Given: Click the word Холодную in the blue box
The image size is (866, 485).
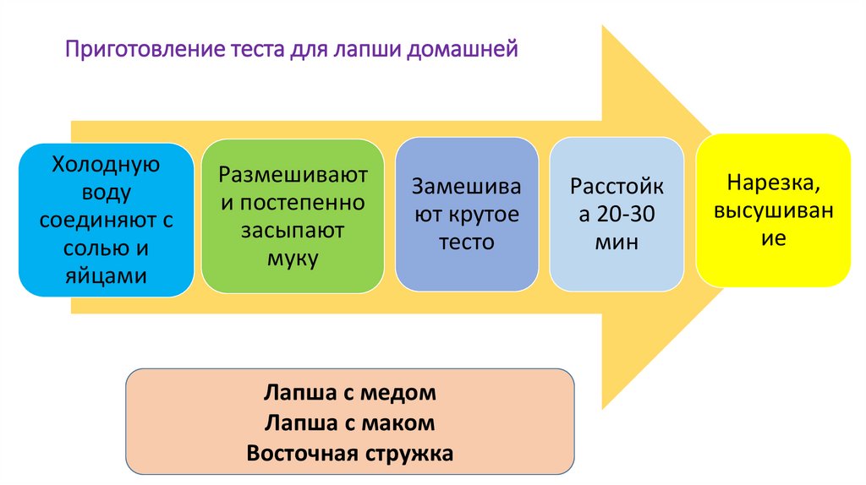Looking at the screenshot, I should tap(107, 164).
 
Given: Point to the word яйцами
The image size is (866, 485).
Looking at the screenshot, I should tap(107, 275).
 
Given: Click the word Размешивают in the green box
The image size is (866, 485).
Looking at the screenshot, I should tap(293, 175).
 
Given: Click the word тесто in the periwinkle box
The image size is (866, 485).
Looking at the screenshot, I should tap(466, 243).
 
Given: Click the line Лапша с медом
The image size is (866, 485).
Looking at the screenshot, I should tap(350, 393).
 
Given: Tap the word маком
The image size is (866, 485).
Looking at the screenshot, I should tap(402, 422).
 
